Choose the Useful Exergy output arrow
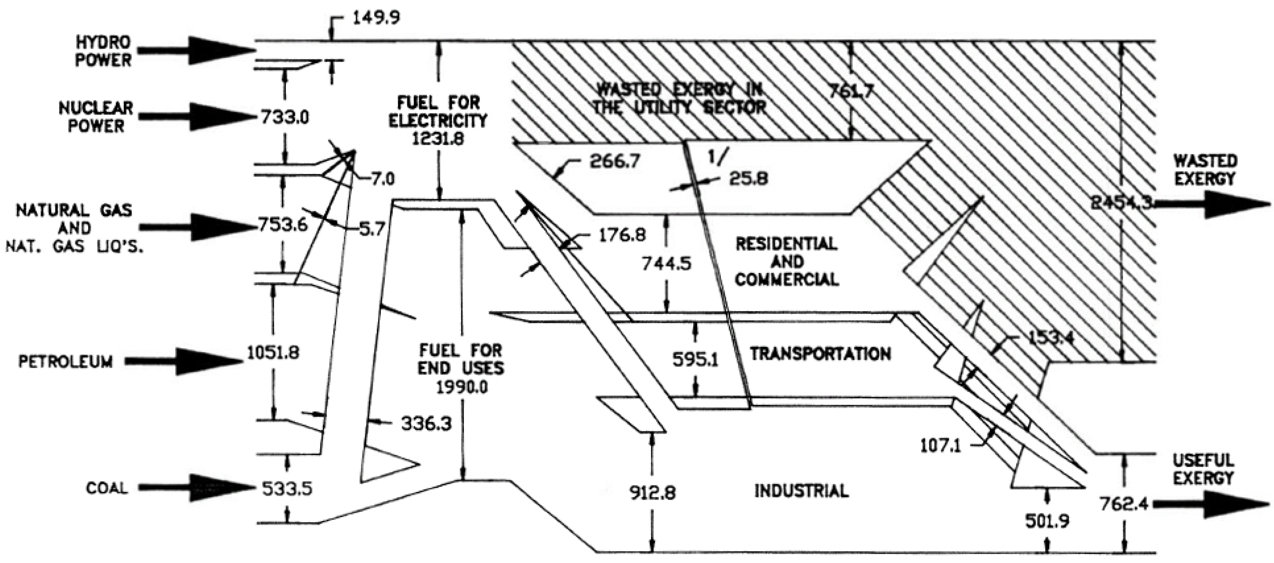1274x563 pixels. click(1212, 505)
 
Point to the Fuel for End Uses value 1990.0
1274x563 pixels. click(462, 387)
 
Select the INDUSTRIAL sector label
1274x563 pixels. click(801, 491)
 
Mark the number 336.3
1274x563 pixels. click(426, 423)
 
